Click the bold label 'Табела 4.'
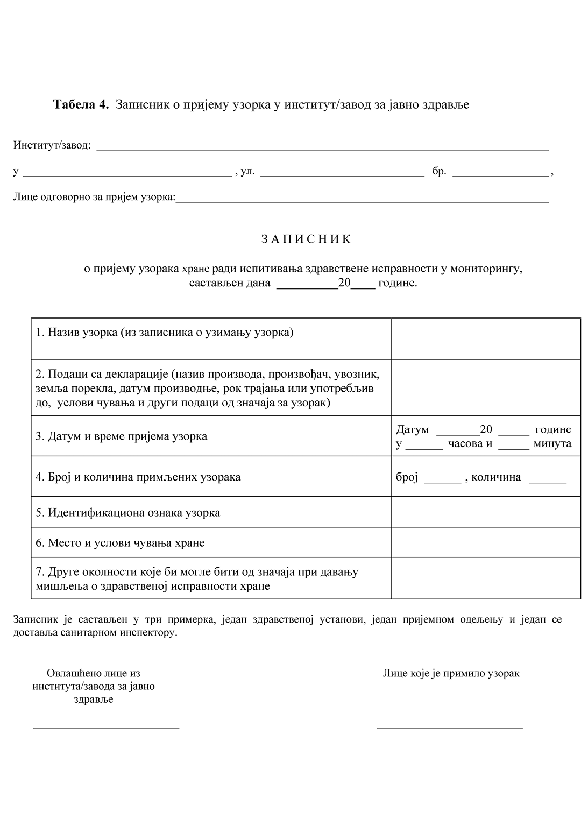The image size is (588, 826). (x=81, y=104)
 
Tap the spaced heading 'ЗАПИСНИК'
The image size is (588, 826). (x=306, y=239)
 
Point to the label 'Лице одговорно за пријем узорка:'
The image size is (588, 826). (x=94, y=197)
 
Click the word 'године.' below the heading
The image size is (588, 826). (x=398, y=283)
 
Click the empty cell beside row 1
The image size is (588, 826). (x=485, y=338)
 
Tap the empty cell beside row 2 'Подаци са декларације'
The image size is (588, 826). (x=485, y=387)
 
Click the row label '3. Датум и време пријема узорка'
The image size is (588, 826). (x=122, y=436)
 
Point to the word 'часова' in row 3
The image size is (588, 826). (x=465, y=444)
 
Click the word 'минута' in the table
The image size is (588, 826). (x=552, y=444)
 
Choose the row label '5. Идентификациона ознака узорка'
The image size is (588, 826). (x=128, y=512)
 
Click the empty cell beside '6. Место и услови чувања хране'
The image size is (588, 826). (x=485, y=542)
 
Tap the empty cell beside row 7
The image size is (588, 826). (x=485, y=578)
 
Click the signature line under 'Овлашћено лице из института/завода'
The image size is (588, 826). (x=106, y=728)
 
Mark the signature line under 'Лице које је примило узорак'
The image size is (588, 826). (x=449, y=728)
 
